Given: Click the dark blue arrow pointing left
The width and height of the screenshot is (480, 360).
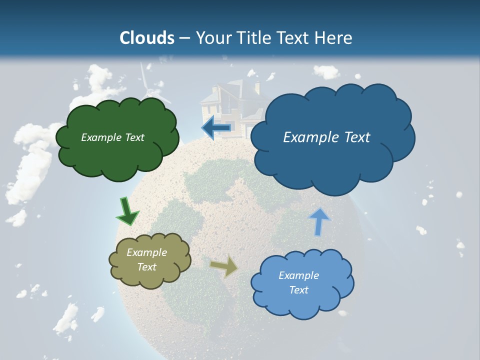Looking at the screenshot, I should pyautogui.click(x=216, y=128).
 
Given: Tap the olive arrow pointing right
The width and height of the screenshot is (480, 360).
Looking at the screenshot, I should pyautogui.click(x=224, y=266).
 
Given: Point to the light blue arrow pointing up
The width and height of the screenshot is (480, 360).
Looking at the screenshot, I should pyautogui.click(x=319, y=221).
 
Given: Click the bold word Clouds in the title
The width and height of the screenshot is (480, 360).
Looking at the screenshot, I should pyautogui.click(x=147, y=38).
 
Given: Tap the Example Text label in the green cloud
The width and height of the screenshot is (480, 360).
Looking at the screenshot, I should pyautogui.click(x=112, y=137).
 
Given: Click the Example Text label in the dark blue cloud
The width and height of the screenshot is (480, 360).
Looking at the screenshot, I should pyautogui.click(x=326, y=137).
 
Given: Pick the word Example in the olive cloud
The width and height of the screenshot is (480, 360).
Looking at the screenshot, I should pyautogui.click(x=146, y=253).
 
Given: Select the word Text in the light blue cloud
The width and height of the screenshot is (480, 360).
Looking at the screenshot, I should pyautogui.click(x=299, y=290).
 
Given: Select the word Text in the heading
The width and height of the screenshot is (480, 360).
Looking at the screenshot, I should pyautogui.click(x=293, y=38).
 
